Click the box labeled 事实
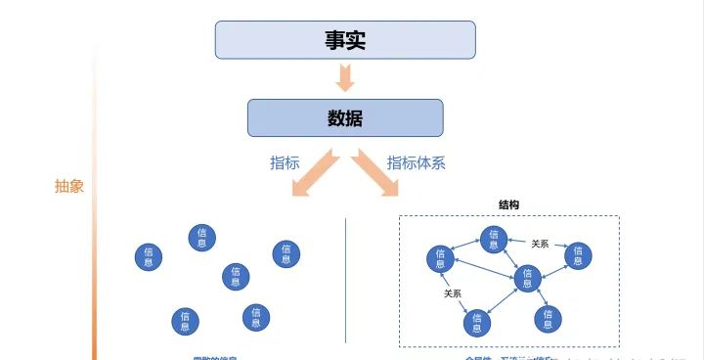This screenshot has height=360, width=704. tap(345, 39)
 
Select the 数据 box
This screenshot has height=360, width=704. tap(345, 118)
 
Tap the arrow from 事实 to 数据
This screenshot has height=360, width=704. tap(345, 76)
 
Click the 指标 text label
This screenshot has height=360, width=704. tap(285, 163)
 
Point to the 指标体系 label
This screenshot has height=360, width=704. tap(417, 163)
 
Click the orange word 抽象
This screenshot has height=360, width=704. tap(69, 186)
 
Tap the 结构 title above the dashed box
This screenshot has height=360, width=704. tap(508, 205)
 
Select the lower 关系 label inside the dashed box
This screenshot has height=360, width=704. tap(454, 292)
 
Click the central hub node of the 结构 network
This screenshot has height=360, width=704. tap(528, 279)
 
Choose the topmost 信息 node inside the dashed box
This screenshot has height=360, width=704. tap(494, 239)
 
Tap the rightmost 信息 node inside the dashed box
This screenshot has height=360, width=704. tap(578, 255)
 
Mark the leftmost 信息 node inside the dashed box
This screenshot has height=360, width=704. tap(440, 259)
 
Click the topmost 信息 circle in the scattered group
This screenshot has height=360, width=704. tap(201, 237)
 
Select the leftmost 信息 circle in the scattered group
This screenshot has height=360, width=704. tap(149, 257)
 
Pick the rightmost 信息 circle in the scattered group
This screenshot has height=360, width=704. tap(286, 253)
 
